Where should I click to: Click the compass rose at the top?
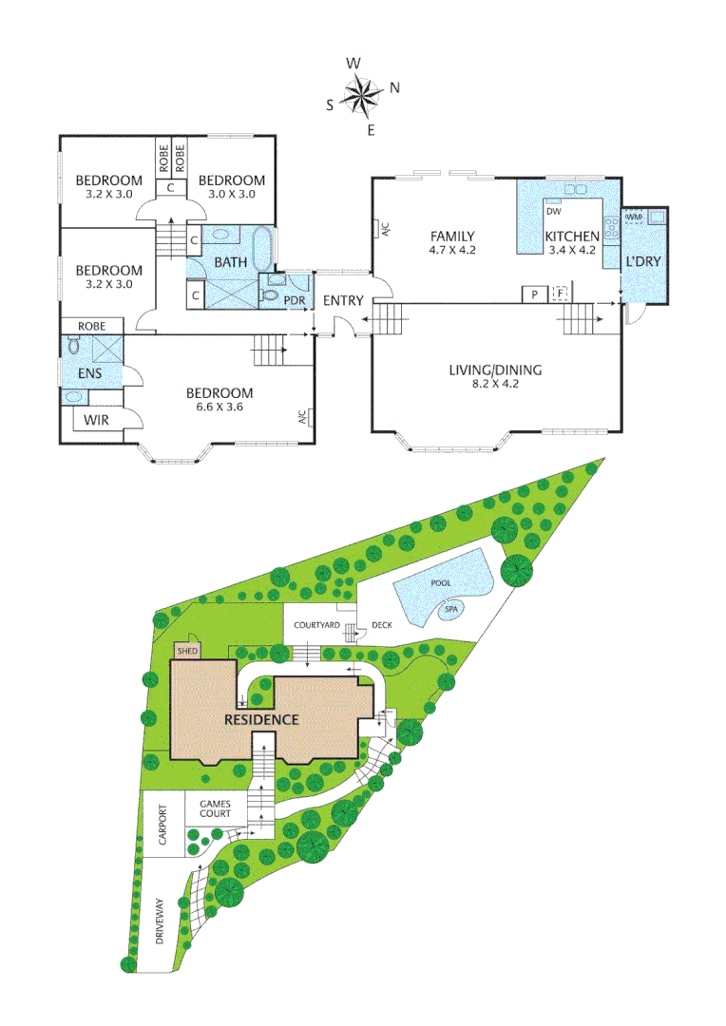pyautogui.click(x=362, y=94)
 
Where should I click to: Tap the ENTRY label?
pyautogui.click(x=343, y=301)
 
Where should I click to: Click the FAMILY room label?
pyautogui.click(x=452, y=237)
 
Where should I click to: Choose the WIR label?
pyautogui.click(x=97, y=419)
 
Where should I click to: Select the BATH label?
pyautogui.click(x=230, y=261)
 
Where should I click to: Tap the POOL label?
pyautogui.click(x=440, y=583)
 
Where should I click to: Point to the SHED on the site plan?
pyautogui.click(x=186, y=652)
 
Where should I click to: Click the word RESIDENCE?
pyautogui.click(x=261, y=719)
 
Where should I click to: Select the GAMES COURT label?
pyautogui.click(x=216, y=808)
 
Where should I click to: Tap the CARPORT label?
pyautogui.click(x=162, y=822)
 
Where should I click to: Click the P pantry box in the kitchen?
pyautogui.click(x=534, y=294)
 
